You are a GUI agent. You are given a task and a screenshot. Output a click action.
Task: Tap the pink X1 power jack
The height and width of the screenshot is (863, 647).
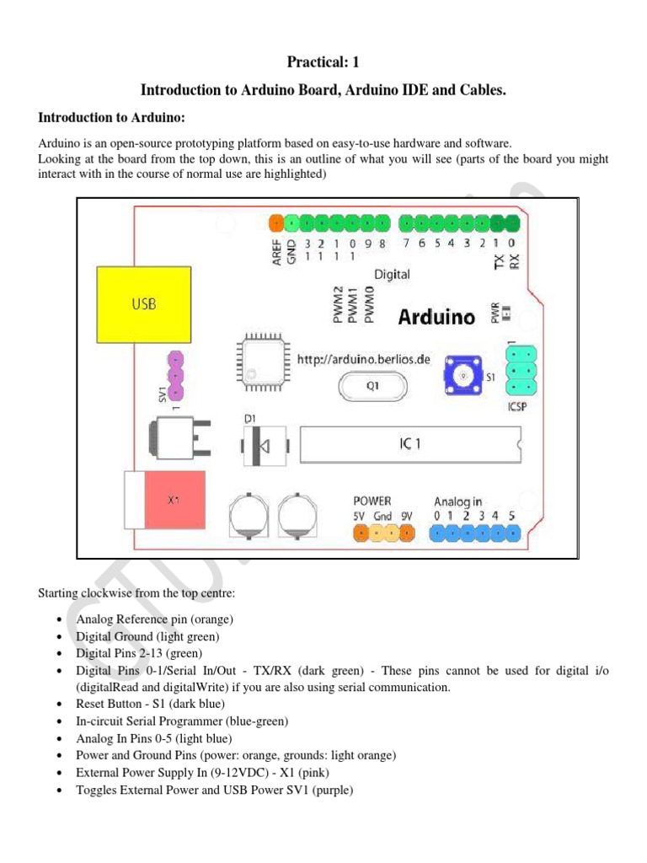pos(174,500)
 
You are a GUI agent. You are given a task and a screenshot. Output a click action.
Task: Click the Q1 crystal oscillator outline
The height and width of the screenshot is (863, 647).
pos(371,389)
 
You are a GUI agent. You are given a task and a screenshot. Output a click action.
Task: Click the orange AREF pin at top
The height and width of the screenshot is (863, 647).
pos(276,223)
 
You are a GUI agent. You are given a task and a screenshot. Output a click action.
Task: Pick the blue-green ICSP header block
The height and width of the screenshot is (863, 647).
pos(522,368)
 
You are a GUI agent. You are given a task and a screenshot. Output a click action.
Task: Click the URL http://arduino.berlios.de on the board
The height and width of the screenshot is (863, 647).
pos(364,359)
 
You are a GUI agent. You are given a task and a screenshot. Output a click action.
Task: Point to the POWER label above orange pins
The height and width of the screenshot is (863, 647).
pos(372,501)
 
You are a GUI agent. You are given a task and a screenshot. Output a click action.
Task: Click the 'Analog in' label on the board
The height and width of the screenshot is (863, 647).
pos(458,501)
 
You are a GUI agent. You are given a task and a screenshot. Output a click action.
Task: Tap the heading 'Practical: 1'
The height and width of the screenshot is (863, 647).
pos(323,62)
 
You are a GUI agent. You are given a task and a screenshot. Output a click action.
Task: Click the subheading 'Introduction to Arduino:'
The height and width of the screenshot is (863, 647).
pos(116,118)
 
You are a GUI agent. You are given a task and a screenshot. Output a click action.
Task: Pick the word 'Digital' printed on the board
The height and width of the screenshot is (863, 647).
pos(392,274)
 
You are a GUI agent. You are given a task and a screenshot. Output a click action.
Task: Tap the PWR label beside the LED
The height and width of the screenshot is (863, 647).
pos(495,314)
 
